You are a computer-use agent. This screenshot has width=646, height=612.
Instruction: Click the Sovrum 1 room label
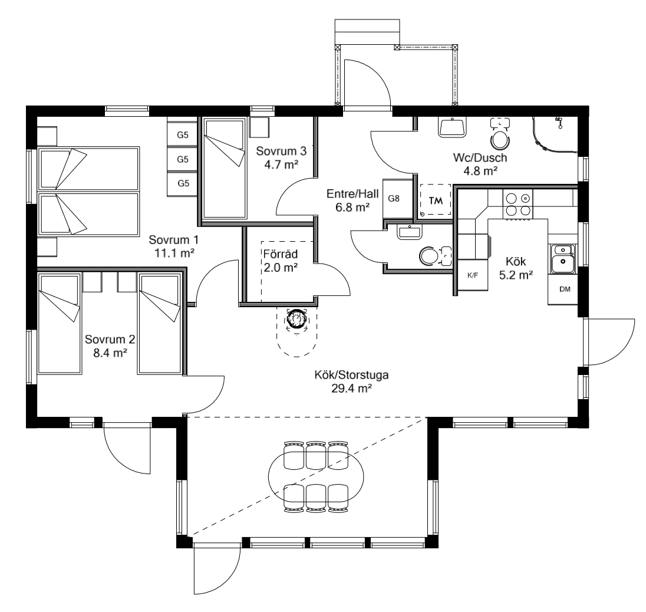(x=173, y=241)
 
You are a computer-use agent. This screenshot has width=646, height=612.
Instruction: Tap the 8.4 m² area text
(x=110, y=352)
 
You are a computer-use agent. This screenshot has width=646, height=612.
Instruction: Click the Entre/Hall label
(x=348, y=193)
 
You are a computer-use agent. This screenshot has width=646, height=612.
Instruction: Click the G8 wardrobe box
(x=394, y=199)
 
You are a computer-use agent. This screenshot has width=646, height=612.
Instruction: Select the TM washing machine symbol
(x=436, y=200)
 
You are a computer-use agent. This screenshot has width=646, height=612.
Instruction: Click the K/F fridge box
(x=473, y=275)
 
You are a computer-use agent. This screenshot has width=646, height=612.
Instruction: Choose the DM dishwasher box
(x=564, y=289)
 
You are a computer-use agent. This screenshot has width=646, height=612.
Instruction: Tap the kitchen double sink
(x=563, y=258)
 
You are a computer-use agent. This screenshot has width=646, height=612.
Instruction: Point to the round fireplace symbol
(x=296, y=320)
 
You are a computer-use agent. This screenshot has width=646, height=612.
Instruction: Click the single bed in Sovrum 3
(x=223, y=168)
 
